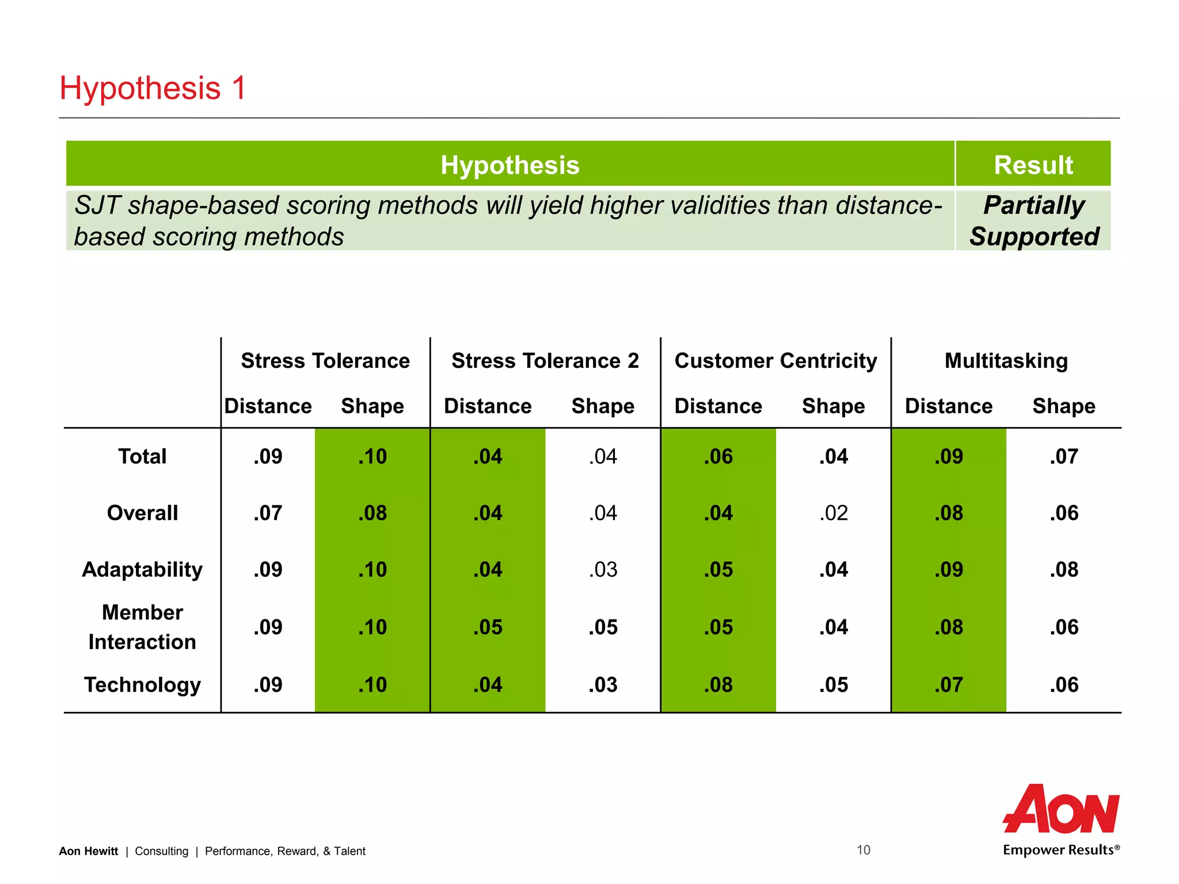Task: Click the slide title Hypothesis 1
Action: click(x=153, y=88)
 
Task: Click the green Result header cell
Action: click(x=1033, y=165)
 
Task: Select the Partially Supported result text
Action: click(x=1034, y=221)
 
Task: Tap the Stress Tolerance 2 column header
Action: click(x=545, y=361)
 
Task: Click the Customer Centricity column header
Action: click(x=775, y=361)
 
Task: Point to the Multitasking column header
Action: click(x=1006, y=361)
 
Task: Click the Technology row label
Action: click(x=142, y=684)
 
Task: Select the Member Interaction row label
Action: click(x=142, y=627)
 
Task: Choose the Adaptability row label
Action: click(x=142, y=569)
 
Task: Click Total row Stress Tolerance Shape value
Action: click(x=372, y=456)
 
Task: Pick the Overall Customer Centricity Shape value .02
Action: click(x=834, y=513)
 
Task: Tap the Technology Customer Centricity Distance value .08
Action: click(x=718, y=684)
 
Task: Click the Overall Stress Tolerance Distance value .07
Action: click(x=268, y=513)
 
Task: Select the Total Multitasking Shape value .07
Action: click(x=1064, y=456)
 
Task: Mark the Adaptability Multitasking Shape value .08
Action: click(x=1064, y=569)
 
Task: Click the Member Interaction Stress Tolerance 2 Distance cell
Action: click(x=488, y=627)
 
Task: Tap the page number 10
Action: click(x=864, y=850)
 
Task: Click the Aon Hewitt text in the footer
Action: click(x=88, y=851)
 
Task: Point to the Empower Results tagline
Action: click(x=1061, y=850)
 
